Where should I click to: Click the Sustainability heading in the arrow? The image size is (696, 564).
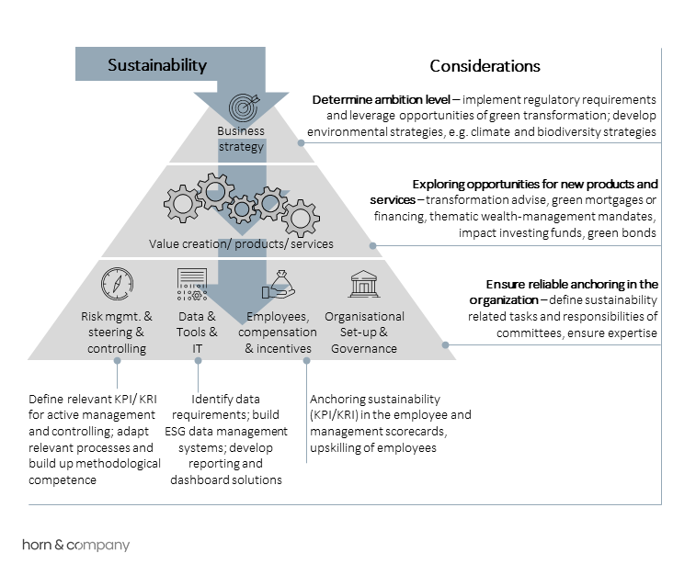click(157, 65)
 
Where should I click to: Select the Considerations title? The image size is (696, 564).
click(485, 66)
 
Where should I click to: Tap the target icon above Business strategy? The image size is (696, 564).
click(244, 107)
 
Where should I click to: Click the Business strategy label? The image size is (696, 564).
click(241, 139)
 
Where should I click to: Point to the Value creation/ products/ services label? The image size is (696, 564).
click(241, 243)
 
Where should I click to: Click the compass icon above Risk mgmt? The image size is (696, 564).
click(117, 283)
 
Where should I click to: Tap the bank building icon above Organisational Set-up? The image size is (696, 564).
click(364, 284)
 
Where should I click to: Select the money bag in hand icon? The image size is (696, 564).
click(279, 284)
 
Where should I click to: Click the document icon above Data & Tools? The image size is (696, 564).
click(192, 284)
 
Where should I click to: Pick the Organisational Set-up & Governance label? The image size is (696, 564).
click(364, 333)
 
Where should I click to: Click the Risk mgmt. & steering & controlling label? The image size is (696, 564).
click(116, 333)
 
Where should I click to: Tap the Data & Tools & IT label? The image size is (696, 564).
click(197, 333)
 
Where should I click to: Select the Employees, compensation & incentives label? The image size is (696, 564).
click(278, 333)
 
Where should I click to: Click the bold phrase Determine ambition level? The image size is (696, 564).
click(382, 100)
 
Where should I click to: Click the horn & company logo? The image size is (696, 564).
click(76, 545)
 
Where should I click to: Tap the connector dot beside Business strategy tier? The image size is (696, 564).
click(301, 142)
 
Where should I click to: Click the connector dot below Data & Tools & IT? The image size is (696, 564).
click(198, 361)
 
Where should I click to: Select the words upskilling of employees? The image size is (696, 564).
click(373, 448)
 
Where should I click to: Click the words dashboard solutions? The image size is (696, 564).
click(226, 480)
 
